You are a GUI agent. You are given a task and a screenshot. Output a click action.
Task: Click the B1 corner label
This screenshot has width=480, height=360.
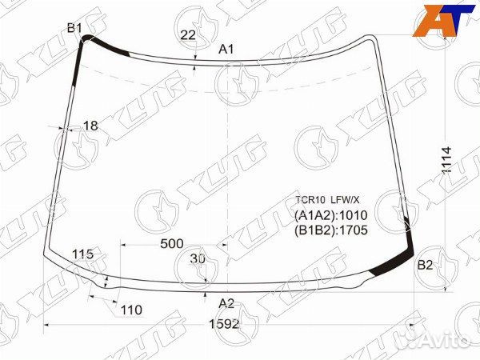pyautogui.click(x=74, y=28)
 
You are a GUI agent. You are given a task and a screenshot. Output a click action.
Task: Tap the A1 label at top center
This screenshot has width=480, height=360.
pyautogui.click(x=226, y=50)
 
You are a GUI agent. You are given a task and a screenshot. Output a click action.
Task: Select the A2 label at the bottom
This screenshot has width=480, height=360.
pyautogui.click(x=227, y=303)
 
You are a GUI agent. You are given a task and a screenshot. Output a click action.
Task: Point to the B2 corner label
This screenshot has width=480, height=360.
pyautogui.click(x=425, y=266)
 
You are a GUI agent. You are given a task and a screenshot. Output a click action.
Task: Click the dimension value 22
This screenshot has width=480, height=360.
pyautogui.click(x=188, y=34)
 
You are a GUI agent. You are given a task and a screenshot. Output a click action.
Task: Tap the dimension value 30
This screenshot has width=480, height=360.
pyautogui.click(x=198, y=258)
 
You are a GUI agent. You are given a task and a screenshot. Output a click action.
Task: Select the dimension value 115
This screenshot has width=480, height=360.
pyautogui.click(x=82, y=254)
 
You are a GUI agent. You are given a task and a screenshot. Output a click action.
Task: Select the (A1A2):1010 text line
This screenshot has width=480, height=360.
pyautogui.click(x=330, y=215)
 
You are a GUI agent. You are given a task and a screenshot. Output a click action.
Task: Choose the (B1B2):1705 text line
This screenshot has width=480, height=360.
pyautogui.click(x=330, y=230)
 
